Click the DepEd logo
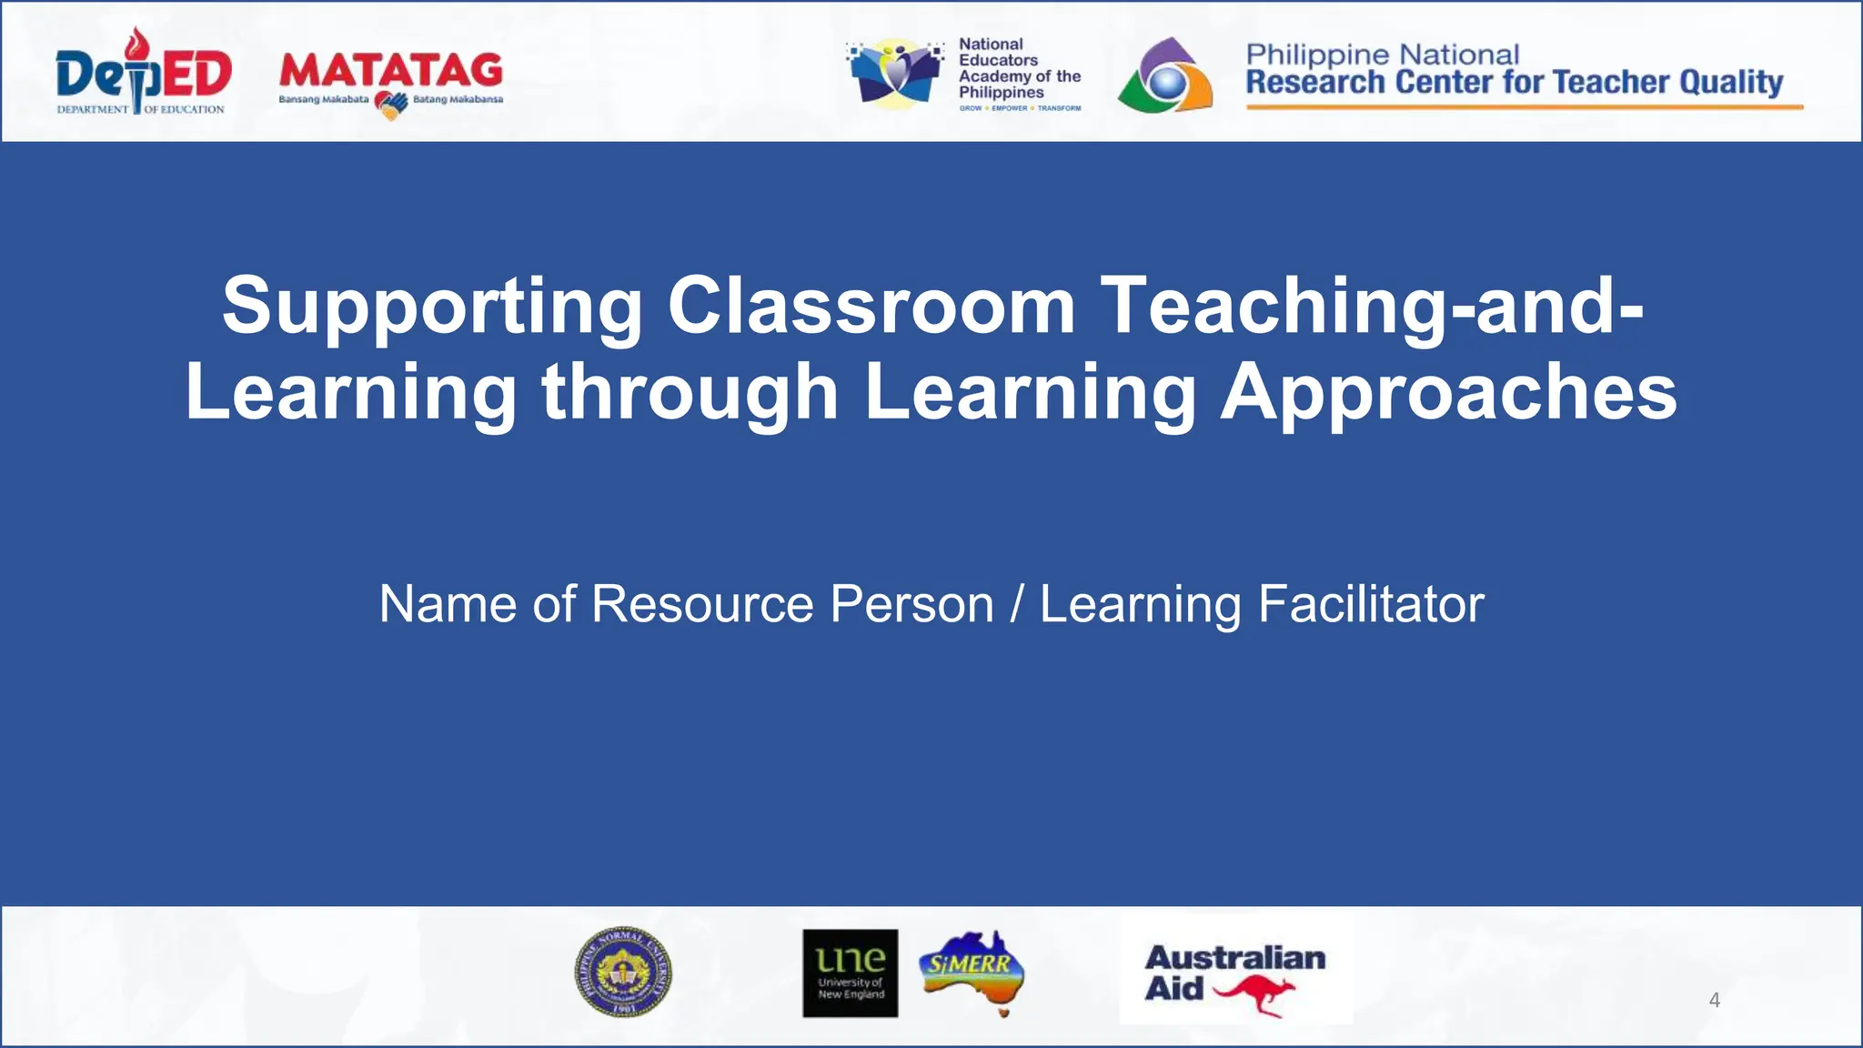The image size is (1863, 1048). click(x=143, y=73)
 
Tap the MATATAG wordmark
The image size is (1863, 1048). click(x=390, y=70)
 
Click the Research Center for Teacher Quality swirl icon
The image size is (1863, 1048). click(x=1164, y=76)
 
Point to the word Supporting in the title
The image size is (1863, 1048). click(x=432, y=307)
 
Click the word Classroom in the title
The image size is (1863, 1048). click(x=871, y=306)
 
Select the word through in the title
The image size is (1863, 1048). click(x=690, y=392)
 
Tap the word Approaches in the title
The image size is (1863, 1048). click(x=1448, y=392)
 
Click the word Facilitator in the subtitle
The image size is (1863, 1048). click(x=1371, y=604)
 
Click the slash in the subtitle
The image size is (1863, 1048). click(x=1016, y=604)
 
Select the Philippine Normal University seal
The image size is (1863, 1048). click(x=623, y=972)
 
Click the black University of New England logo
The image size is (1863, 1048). click(x=850, y=972)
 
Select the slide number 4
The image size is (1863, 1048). click(x=1714, y=1001)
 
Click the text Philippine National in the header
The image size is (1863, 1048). click(x=1382, y=55)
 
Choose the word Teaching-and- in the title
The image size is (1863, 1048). click(x=1372, y=307)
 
